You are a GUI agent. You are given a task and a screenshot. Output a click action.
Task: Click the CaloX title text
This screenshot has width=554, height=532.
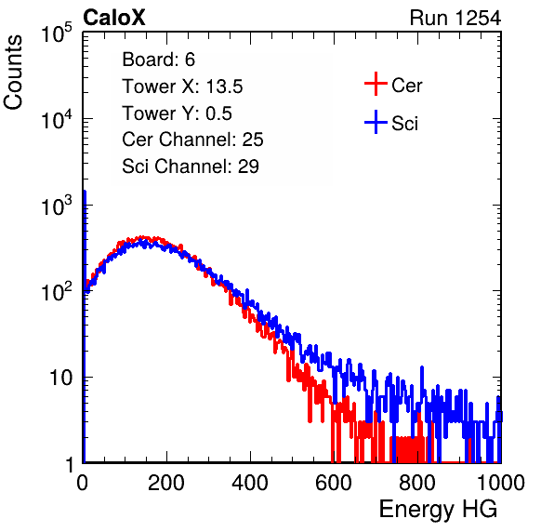[114, 18]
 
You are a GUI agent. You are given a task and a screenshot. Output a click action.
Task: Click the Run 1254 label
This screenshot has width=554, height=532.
[455, 18]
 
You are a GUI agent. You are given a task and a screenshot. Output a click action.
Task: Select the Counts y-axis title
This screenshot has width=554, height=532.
[13, 73]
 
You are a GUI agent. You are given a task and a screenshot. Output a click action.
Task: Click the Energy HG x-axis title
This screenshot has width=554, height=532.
[438, 509]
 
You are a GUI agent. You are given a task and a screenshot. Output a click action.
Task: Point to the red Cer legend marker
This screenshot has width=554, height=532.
[376, 84]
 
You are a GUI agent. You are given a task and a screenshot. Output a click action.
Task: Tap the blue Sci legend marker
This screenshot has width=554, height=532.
[376, 122]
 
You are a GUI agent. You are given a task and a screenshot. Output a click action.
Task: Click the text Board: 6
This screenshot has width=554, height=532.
[158, 60]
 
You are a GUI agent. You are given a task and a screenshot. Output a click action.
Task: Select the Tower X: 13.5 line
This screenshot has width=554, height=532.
[182, 86]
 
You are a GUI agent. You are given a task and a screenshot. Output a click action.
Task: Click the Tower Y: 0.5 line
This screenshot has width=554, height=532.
[177, 113]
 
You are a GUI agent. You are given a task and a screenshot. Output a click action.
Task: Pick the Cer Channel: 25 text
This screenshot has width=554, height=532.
[192, 140]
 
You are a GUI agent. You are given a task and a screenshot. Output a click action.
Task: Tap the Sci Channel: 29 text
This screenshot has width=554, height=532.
[191, 166]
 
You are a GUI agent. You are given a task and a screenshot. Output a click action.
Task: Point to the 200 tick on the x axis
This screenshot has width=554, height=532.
[166, 483]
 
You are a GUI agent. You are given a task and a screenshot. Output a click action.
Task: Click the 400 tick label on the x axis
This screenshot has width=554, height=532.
[250, 483]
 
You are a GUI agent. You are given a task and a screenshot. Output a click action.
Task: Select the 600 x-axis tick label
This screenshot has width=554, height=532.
[334, 483]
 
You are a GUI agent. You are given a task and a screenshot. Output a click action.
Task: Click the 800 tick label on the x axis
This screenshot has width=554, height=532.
[417, 483]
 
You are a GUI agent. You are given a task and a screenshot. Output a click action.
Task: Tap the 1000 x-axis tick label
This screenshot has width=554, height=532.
[501, 483]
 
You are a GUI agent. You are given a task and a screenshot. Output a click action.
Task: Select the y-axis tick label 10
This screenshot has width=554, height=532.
[61, 378]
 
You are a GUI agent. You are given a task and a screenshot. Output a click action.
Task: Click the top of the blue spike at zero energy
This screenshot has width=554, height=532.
[85, 192]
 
